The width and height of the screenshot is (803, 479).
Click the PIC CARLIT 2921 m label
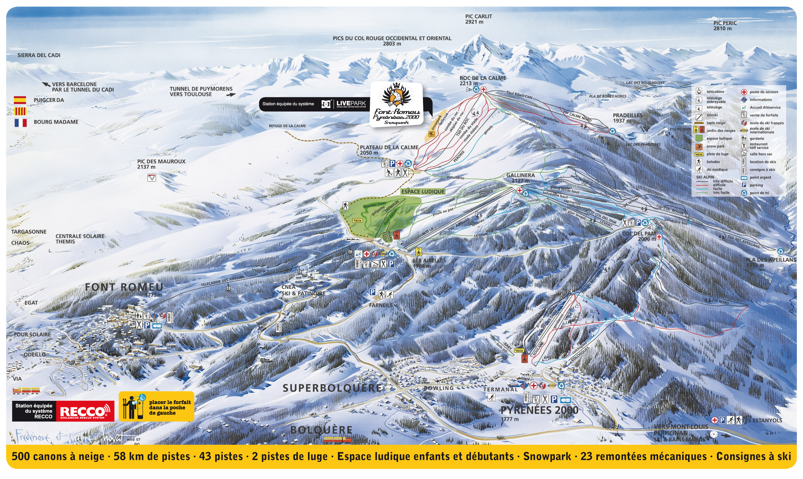tap(478, 19)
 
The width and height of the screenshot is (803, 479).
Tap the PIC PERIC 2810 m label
tap(725, 26)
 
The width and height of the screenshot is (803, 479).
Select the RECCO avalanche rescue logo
tap(85, 411)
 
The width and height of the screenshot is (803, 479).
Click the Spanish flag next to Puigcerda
tap(20, 100)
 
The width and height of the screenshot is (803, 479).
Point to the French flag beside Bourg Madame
tap(20, 122)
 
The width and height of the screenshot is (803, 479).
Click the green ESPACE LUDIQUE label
tap(423, 192)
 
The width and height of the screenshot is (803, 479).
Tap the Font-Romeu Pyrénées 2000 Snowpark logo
tap(396, 105)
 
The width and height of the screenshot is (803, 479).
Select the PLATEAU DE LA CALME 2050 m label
tap(389, 150)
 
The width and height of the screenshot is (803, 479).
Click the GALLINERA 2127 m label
tap(520, 178)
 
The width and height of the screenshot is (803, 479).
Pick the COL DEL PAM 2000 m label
tap(639, 236)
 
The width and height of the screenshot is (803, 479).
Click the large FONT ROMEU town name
tap(124, 287)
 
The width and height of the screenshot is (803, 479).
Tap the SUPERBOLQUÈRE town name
tap(332, 388)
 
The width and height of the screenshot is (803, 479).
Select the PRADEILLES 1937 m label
tap(627, 118)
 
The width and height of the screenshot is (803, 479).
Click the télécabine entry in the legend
tap(715, 92)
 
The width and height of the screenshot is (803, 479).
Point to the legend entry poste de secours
tap(764, 92)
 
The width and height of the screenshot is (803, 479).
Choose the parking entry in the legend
tap(756, 185)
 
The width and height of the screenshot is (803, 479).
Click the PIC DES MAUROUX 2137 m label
tap(161, 164)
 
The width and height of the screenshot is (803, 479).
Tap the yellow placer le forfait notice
tap(156, 407)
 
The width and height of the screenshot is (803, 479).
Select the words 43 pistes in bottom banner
tap(221, 457)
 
